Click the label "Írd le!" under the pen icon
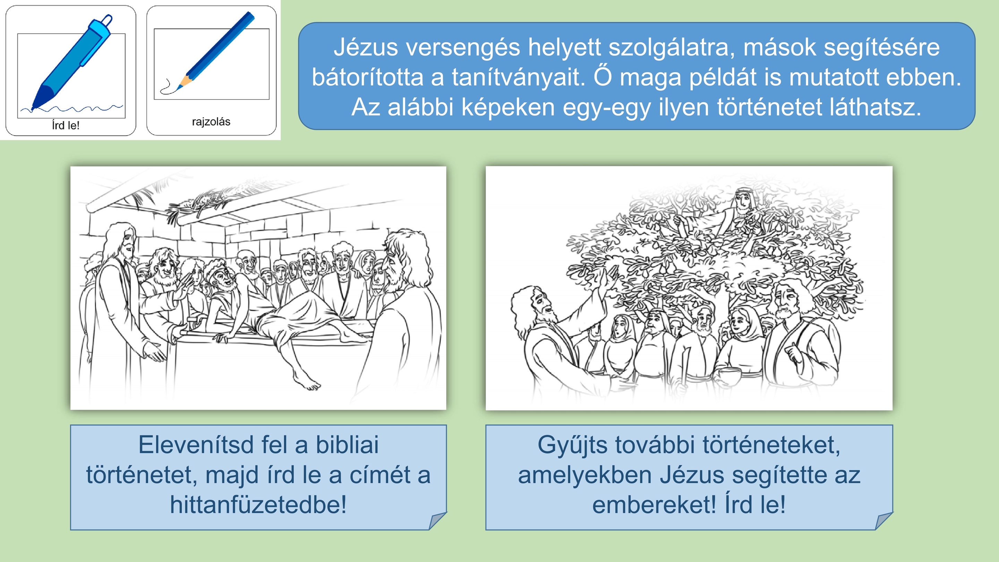(x=66, y=125)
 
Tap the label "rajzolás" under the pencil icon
(x=211, y=122)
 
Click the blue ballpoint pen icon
(x=72, y=62)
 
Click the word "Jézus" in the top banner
(x=366, y=47)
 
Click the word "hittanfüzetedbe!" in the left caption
(x=258, y=505)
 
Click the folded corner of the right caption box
(x=884, y=521)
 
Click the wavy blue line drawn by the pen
(x=71, y=108)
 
